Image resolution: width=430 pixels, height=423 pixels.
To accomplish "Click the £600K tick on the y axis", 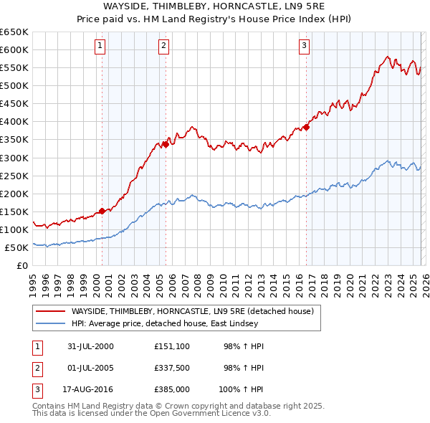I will click(x=15, y=49).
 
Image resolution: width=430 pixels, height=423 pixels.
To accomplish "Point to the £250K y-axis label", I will click(x=15, y=176).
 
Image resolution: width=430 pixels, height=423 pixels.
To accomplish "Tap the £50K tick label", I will click(x=17, y=247).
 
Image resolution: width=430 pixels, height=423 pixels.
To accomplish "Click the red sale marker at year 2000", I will click(x=102, y=211).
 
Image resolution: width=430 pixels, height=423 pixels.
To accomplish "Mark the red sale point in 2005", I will click(x=166, y=144).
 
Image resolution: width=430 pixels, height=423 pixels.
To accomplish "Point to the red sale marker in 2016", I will click(x=306, y=127).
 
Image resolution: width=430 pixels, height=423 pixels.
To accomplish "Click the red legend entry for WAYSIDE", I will click(x=192, y=312).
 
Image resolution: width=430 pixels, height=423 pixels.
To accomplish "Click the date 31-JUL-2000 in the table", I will click(x=90, y=346).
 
